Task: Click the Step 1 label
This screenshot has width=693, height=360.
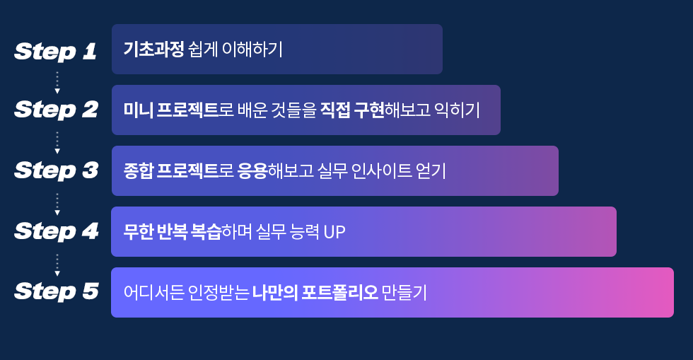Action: (56, 52)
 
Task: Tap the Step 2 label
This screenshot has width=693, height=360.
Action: (56, 110)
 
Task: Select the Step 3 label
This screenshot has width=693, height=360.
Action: (56, 170)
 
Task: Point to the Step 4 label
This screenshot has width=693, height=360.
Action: (56, 231)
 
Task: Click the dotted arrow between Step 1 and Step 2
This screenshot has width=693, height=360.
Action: (57, 83)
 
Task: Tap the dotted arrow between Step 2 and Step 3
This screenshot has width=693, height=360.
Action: (57, 143)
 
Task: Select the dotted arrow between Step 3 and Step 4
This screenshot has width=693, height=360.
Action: (57, 204)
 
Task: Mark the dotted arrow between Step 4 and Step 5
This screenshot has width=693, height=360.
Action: (57, 265)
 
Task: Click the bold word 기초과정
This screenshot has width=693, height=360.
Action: (153, 49)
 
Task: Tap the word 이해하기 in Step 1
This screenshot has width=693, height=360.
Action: (252, 49)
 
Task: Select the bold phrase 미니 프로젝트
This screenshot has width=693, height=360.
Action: (170, 110)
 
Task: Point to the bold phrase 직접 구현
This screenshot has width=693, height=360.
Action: (352, 110)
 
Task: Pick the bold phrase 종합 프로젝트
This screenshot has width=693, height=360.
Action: (170, 170)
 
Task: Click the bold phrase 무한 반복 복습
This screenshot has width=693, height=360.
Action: (172, 231)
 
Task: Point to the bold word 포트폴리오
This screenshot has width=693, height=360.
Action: (339, 292)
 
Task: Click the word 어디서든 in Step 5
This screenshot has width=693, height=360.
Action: (154, 292)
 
